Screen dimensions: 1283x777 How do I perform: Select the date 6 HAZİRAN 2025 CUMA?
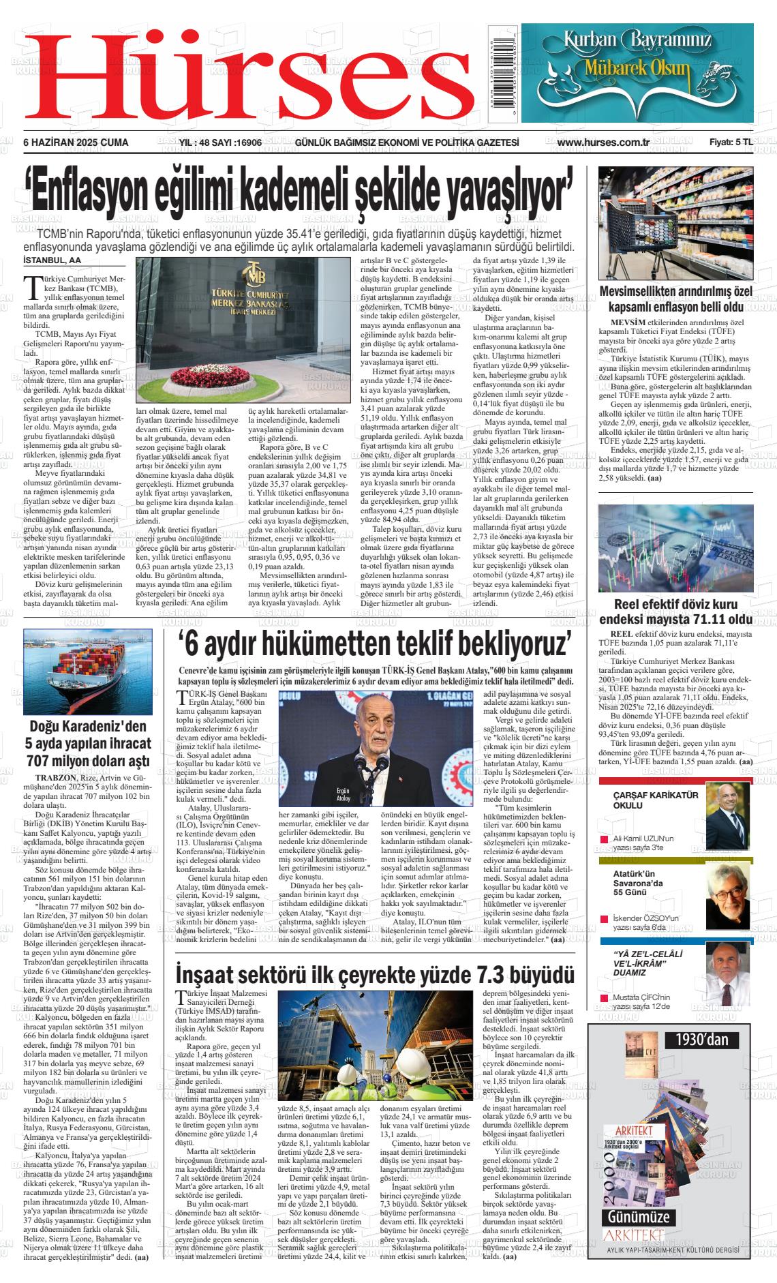pos(76,142)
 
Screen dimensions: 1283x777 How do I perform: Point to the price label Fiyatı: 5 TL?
pos(730,142)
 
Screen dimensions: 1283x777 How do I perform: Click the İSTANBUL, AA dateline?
pos(52,260)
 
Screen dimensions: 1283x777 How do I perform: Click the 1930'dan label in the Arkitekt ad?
pos(701,1040)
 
